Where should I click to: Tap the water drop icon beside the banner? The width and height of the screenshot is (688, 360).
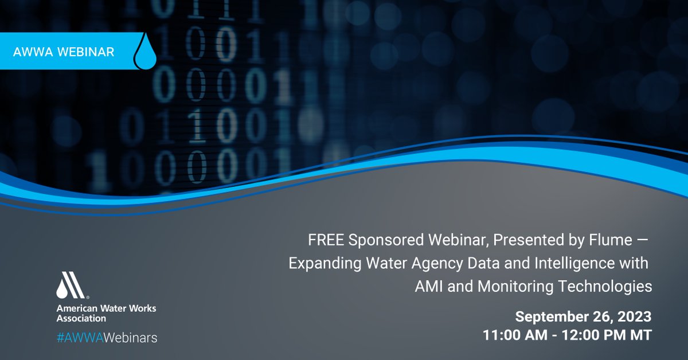144,52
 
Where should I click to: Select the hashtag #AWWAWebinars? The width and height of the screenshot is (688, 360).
107,338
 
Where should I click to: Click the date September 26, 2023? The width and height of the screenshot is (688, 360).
583,317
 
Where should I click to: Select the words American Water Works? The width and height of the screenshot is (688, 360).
106,308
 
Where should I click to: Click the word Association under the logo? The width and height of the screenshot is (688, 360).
81,318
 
